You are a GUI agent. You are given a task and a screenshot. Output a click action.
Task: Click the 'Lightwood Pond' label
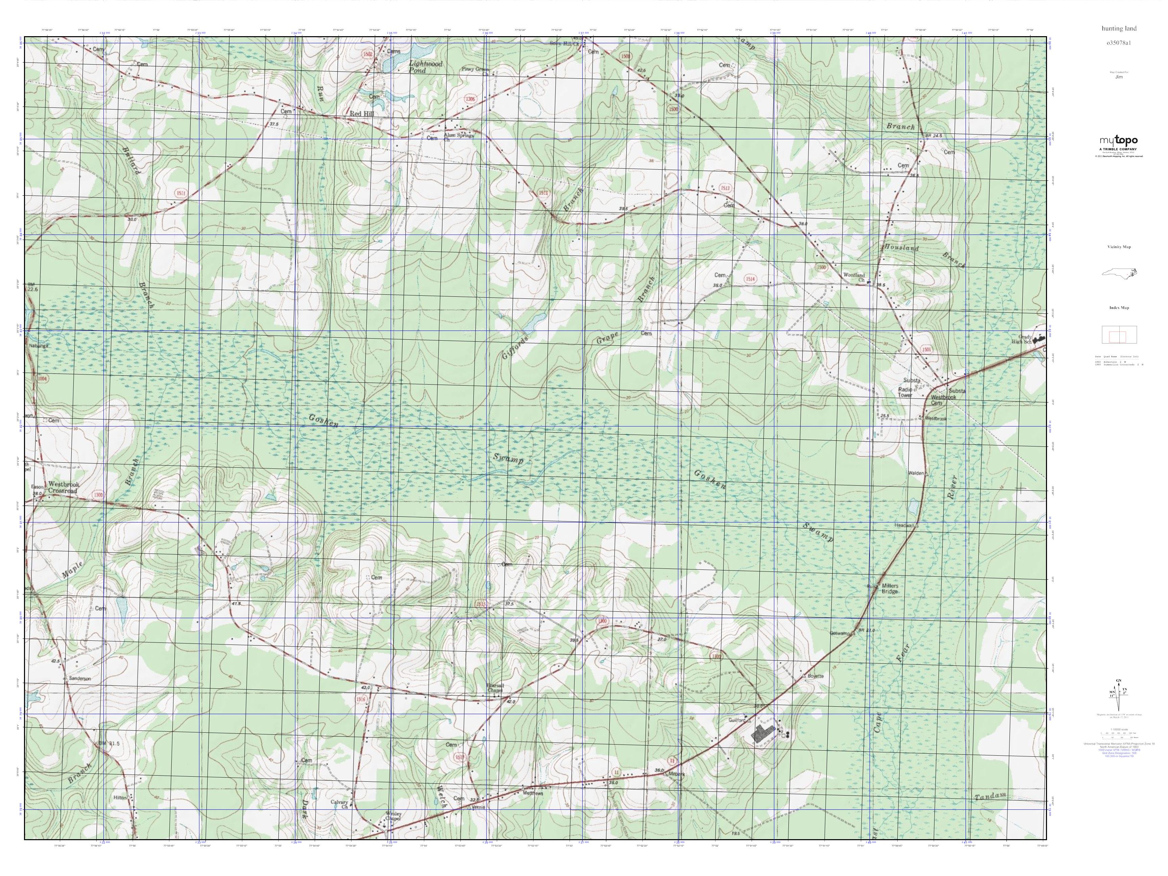pyautogui.click(x=425, y=67)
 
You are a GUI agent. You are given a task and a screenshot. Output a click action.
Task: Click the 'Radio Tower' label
pyautogui.click(x=905, y=392)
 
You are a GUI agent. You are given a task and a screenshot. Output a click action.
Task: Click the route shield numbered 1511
pyautogui.click(x=180, y=194)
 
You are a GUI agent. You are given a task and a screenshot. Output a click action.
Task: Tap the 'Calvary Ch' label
pyautogui.click(x=340, y=804)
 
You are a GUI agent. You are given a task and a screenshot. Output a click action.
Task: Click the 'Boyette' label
pyautogui.click(x=815, y=676)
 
